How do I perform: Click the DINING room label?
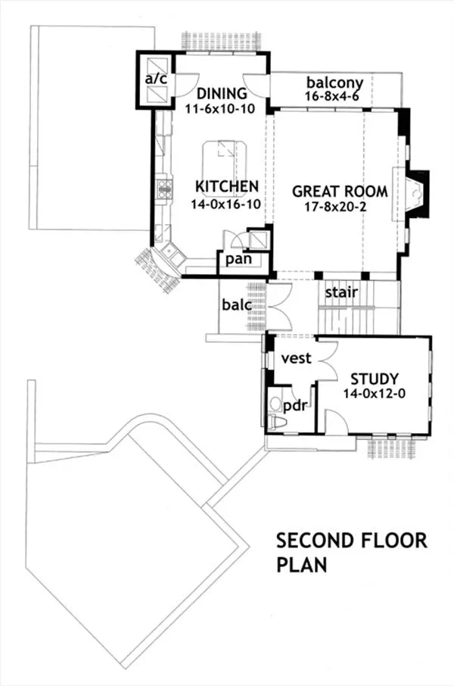tap(222, 93)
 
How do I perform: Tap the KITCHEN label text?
tap(226, 186)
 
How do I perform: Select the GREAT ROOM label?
tap(340, 192)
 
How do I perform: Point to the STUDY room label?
tap(375, 379)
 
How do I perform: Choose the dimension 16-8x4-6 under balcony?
tap(332, 96)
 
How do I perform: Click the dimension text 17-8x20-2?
tap(335, 207)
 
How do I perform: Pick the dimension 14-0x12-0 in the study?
tap(374, 393)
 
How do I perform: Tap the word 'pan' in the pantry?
tap(238, 259)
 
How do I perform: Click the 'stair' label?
tap(341, 292)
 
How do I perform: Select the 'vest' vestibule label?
tap(296, 358)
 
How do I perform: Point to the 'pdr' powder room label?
tap(294, 407)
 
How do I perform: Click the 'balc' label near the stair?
tap(237, 304)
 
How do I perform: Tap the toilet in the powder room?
tap(277, 423)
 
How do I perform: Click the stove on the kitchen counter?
tap(164, 189)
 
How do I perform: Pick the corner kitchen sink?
tap(172, 255)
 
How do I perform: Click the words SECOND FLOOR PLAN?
tap(352, 553)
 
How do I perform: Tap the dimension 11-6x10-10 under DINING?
tap(220, 108)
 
